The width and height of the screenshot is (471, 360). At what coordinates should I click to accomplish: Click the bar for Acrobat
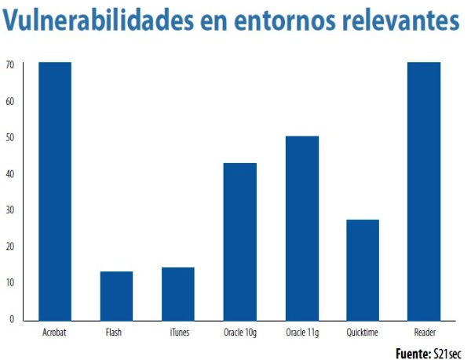pos(55,190)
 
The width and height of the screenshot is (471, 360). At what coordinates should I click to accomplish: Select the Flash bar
pos(116,295)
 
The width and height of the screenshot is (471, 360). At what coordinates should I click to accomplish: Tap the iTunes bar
pos(178,293)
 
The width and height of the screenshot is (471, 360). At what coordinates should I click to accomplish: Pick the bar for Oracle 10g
pos(239,241)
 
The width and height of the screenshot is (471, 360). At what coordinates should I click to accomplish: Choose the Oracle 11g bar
pos(301,227)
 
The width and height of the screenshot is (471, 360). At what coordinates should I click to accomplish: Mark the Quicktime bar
pos(363,269)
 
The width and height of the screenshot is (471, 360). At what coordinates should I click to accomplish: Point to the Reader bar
pos(424,190)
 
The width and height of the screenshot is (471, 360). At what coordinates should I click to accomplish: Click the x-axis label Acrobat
pos(55,333)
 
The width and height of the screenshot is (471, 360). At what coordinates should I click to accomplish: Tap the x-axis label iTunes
pos(178,333)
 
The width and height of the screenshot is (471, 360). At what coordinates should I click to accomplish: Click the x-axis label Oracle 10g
pos(239,333)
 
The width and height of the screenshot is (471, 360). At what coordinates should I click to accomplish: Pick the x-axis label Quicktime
pos(363,333)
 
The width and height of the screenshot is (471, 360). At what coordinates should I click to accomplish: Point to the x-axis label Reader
pos(424,333)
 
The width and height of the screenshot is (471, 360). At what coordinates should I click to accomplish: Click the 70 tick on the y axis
pos(9,64)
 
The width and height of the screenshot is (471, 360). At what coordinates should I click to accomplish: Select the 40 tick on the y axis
pos(9,173)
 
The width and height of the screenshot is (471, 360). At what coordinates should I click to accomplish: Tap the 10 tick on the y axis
pos(9,282)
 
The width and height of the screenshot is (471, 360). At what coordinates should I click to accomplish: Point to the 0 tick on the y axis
pos(12,318)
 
